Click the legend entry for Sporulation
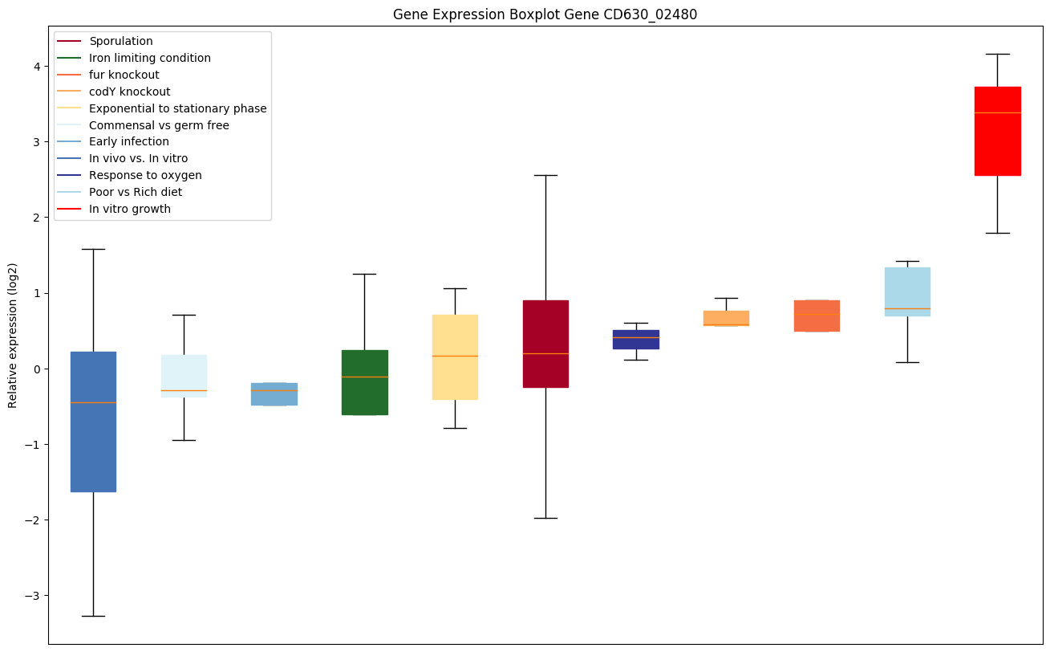(x=121, y=41)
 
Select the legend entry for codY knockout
(x=129, y=92)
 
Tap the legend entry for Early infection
(x=129, y=141)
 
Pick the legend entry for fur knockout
(x=124, y=75)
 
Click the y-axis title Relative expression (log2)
(x=13, y=335)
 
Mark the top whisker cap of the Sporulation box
(x=545, y=175)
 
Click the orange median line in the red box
(x=997, y=112)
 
